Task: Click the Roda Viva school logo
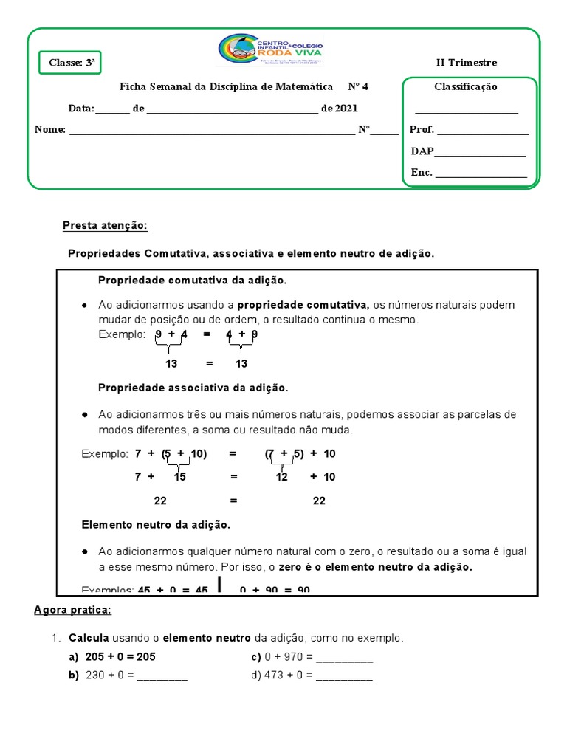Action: click(269, 50)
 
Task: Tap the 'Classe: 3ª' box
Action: click(70, 63)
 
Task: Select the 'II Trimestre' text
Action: click(467, 63)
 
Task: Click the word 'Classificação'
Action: click(465, 86)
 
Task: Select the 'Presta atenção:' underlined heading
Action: click(106, 225)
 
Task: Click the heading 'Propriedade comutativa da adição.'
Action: click(192, 281)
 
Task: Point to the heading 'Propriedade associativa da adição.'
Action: click(193, 388)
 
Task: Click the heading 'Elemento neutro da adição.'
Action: click(156, 525)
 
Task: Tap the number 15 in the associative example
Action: click(179, 477)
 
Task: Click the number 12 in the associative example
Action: click(281, 477)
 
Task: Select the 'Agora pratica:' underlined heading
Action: click(72, 610)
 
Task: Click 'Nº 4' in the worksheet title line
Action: click(358, 86)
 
